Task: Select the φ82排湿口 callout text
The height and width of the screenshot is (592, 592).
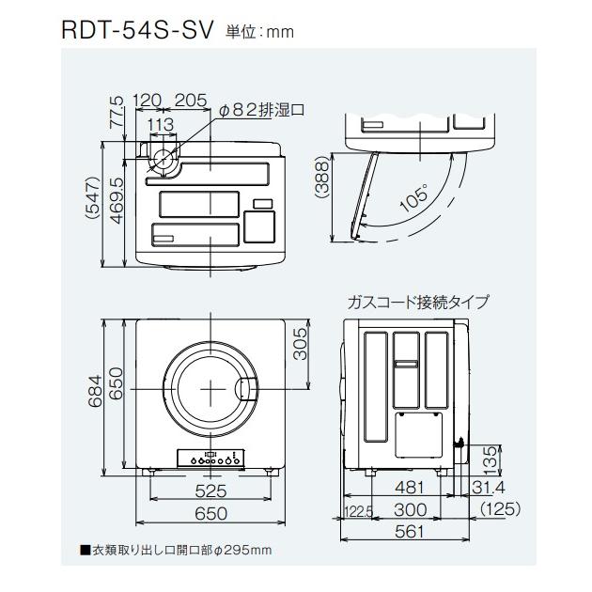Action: pyautogui.click(x=262, y=110)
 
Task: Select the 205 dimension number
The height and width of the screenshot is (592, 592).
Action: pyautogui.click(x=191, y=101)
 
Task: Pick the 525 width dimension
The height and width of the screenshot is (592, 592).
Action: pyautogui.click(x=211, y=490)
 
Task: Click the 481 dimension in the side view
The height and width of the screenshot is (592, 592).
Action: pyautogui.click(x=409, y=488)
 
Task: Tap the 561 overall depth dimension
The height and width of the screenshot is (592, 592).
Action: pyautogui.click(x=409, y=531)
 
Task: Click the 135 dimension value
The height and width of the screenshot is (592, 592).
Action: pyautogui.click(x=490, y=460)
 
